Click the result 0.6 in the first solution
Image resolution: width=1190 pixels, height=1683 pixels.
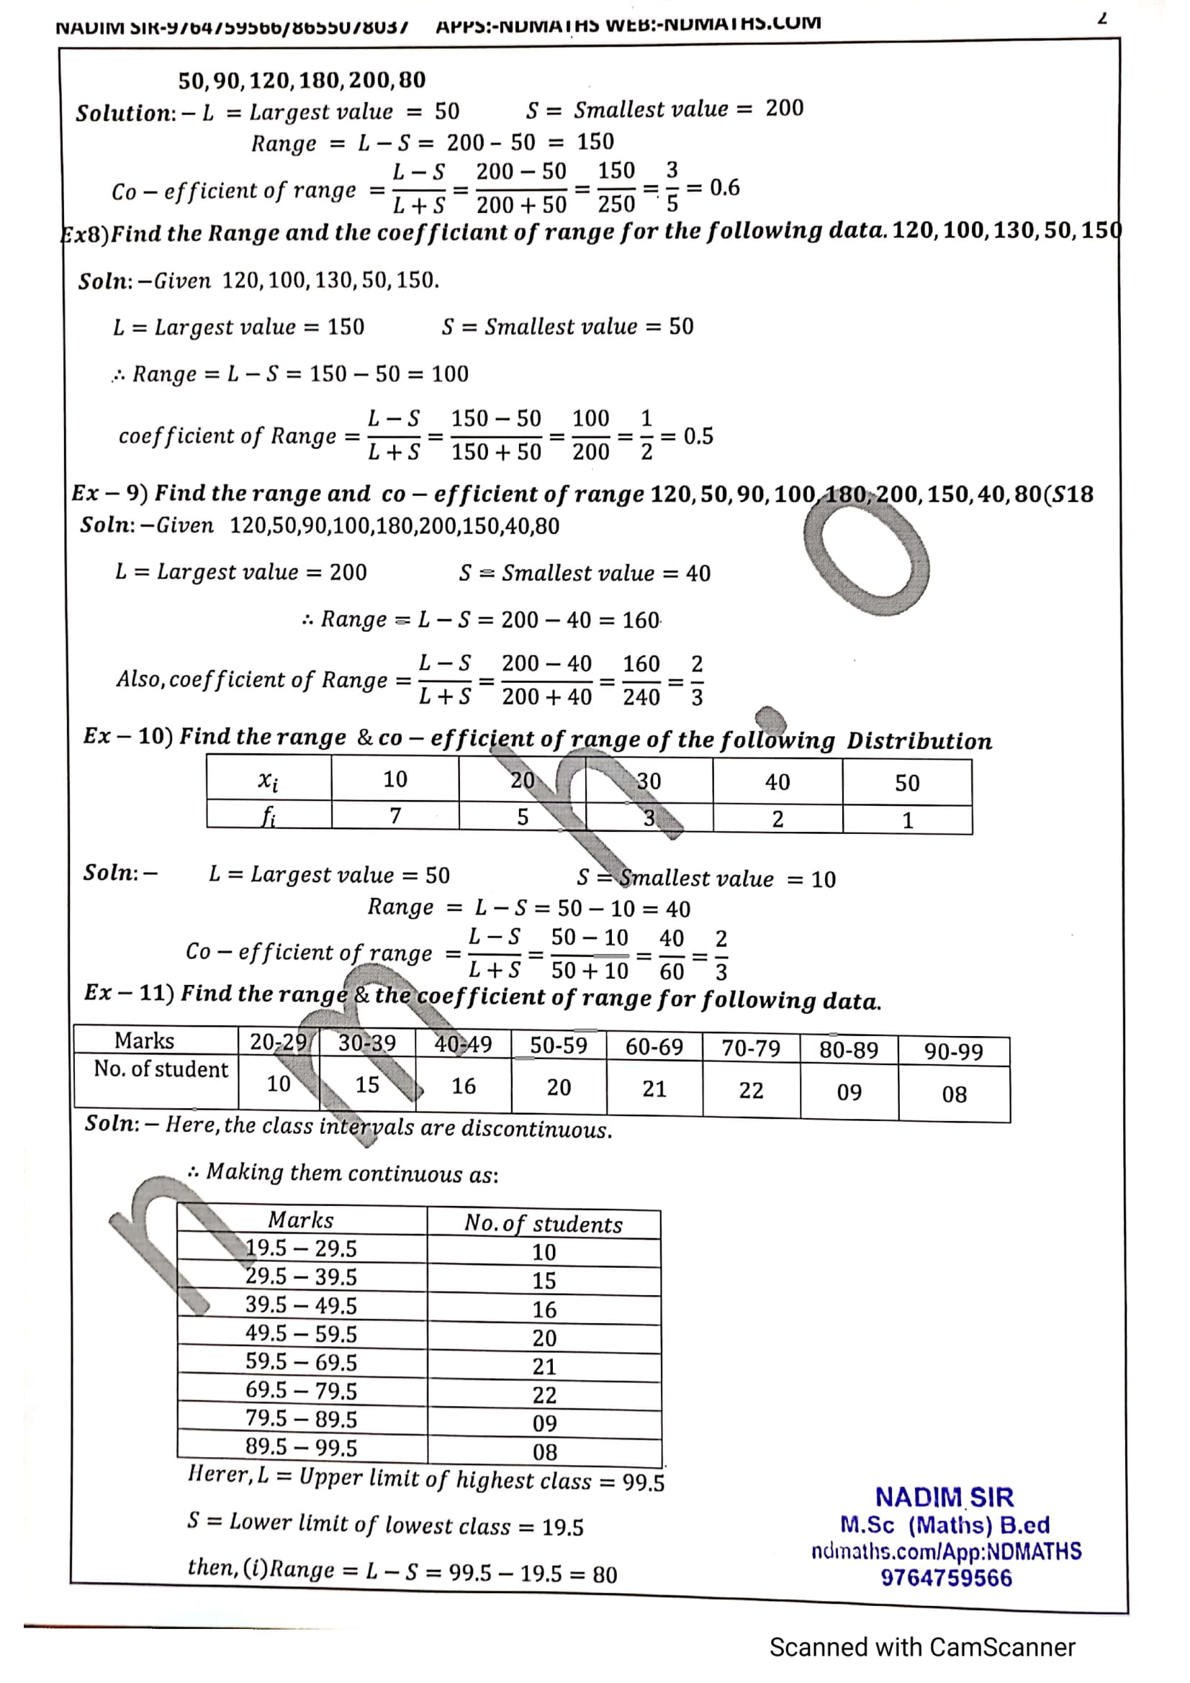[x=724, y=188]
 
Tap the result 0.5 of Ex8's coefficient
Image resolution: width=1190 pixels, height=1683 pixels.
[x=698, y=436]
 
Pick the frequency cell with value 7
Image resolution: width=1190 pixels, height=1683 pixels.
[x=395, y=815]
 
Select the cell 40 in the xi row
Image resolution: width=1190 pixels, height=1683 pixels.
[x=777, y=782]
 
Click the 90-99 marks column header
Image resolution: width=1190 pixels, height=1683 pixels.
[x=953, y=1051]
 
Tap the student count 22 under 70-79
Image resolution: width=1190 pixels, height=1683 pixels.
[x=751, y=1091]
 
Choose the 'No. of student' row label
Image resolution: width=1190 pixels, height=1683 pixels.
[x=161, y=1069]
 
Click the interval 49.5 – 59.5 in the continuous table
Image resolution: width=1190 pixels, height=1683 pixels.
[x=301, y=1333]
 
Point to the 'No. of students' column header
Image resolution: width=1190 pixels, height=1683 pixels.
[x=544, y=1223]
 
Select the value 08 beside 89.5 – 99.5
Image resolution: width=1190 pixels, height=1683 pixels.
[x=544, y=1451]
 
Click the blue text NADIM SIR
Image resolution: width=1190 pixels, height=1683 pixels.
[x=945, y=1497]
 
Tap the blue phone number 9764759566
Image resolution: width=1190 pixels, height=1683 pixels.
[x=946, y=1577]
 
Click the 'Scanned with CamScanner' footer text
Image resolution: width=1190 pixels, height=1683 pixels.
[x=921, y=1647]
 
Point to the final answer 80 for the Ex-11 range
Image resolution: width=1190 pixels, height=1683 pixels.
[x=604, y=1574]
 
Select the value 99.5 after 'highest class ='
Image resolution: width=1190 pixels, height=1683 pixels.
[x=643, y=1483]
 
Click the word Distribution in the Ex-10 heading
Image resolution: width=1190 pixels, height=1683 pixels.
[x=919, y=741]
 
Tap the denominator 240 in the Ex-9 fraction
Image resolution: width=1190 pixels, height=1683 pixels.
[x=641, y=697]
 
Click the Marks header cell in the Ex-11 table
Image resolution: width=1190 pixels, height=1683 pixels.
[x=145, y=1041]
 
